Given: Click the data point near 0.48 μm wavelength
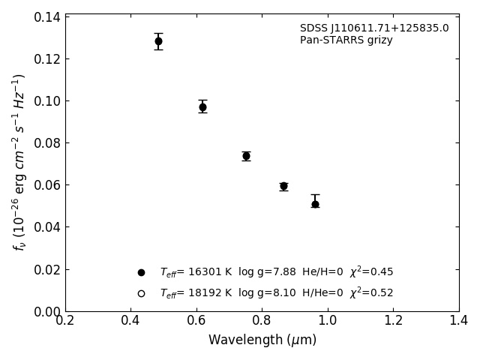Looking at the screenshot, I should click(x=158, y=41).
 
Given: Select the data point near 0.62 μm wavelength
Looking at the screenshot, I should click(x=202, y=107).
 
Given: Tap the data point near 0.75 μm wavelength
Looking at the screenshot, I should click(x=246, y=156).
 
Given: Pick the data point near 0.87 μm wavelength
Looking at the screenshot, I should click(x=283, y=186).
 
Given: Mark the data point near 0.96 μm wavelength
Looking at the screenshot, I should click(x=315, y=204).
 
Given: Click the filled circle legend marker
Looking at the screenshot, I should click(x=141, y=272).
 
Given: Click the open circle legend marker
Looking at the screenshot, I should click(x=141, y=293).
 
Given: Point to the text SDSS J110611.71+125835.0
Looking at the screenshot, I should click(x=374, y=28).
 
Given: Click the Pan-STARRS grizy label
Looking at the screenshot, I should click(x=346, y=40).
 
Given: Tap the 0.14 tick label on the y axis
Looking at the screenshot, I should click(x=46, y=17).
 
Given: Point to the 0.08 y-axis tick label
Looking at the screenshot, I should click(x=46, y=143).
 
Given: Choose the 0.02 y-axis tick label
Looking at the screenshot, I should click(x=46, y=269).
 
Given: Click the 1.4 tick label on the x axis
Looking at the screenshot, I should click(x=459, y=320).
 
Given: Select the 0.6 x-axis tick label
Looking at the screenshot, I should click(x=196, y=320).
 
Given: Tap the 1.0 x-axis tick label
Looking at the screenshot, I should click(x=328, y=320).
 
